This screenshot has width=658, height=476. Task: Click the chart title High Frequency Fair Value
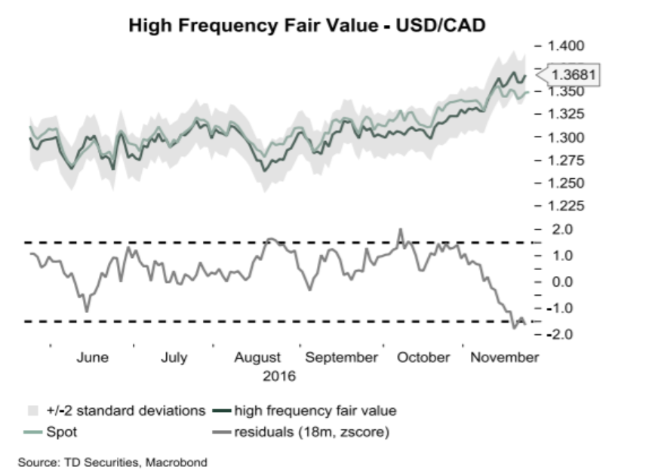click(x=306, y=25)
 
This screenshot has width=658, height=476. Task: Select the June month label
click(x=92, y=358)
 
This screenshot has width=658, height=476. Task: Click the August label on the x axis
click(x=257, y=358)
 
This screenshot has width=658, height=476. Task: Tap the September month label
click(x=343, y=358)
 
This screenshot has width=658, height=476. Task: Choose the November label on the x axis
click(x=504, y=358)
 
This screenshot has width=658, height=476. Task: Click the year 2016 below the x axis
click(x=278, y=376)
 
